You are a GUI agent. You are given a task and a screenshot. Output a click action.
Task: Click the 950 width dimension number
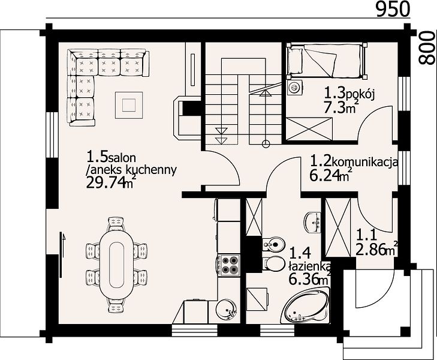(x=393, y=8)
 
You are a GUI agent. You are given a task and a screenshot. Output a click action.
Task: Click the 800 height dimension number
(x=427, y=48)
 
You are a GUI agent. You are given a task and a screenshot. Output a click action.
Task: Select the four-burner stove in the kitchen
(x=229, y=265)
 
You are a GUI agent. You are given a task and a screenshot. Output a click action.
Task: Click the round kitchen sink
(x=227, y=310)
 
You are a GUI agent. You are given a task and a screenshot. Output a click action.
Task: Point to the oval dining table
(x=117, y=265)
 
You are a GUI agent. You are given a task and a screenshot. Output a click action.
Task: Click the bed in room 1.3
(x=327, y=60)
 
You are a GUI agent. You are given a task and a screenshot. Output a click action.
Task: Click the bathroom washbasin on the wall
(x=313, y=222)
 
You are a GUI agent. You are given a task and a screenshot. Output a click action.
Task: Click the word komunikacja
(x=366, y=162)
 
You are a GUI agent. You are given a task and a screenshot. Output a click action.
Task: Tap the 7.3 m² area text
(x=340, y=107)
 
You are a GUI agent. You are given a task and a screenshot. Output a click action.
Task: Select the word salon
(x=122, y=158)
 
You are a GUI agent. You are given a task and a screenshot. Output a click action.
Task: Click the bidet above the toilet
(x=274, y=245)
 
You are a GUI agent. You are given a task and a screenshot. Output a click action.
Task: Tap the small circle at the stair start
(x=266, y=143)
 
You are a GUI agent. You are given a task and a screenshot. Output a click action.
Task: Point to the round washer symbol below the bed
(x=294, y=87)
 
